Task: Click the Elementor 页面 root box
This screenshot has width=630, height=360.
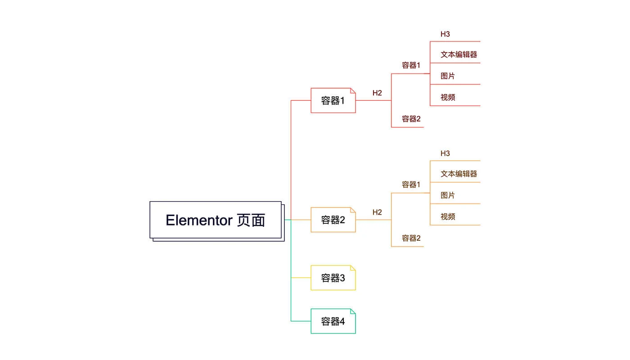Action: coord(216,220)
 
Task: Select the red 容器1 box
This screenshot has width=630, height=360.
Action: coord(333,100)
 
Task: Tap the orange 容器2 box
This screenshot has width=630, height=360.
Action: coord(333,220)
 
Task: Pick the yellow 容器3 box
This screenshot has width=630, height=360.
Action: coord(333,278)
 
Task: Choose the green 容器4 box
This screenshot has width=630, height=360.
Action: coord(333,321)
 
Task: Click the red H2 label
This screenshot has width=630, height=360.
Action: coord(377,93)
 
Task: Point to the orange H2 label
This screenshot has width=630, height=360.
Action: coord(377,212)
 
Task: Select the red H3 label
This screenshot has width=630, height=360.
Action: coord(445,34)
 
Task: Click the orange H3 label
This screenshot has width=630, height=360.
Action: coord(445,153)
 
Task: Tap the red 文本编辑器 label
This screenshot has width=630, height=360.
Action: coord(459,54)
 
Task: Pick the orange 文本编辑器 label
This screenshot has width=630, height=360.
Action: coord(459,174)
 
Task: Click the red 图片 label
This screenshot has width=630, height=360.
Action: coord(448,76)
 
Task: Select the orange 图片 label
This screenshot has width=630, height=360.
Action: coord(448,195)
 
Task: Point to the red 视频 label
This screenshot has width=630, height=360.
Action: coord(448,97)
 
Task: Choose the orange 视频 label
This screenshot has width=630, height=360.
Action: coord(448,216)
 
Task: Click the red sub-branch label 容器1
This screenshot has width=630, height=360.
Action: coord(411,65)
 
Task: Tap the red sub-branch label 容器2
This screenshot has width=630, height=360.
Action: coord(411,119)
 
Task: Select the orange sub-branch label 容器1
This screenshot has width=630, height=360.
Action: coord(411,184)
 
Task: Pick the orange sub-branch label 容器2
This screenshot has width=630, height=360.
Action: coord(411,238)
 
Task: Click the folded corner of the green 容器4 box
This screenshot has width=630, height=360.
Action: coord(353,311)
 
